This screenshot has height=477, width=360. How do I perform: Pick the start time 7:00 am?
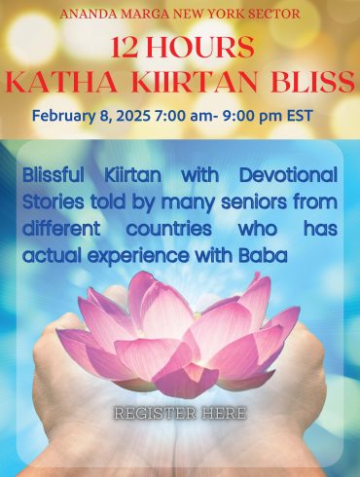[x=182, y=116]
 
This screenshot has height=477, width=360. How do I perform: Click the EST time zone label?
[x=299, y=116]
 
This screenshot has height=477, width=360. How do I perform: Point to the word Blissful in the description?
[x=54, y=175]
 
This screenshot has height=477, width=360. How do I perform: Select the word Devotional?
[x=288, y=175]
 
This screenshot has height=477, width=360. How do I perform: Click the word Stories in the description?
[x=54, y=202]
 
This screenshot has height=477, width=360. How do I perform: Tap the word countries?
[x=169, y=229]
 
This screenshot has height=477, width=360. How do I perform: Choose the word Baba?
[x=263, y=256]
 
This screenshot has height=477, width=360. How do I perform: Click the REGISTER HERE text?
[x=180, y=414]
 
